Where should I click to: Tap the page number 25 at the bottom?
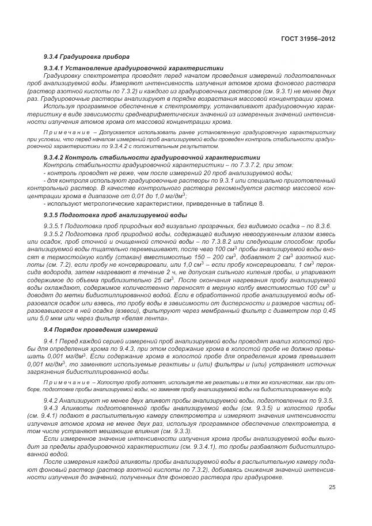click(x=332, y=487)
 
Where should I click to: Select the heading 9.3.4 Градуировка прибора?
click(x=86, y=56)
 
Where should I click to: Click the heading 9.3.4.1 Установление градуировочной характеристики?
click(x=134, y=68)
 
